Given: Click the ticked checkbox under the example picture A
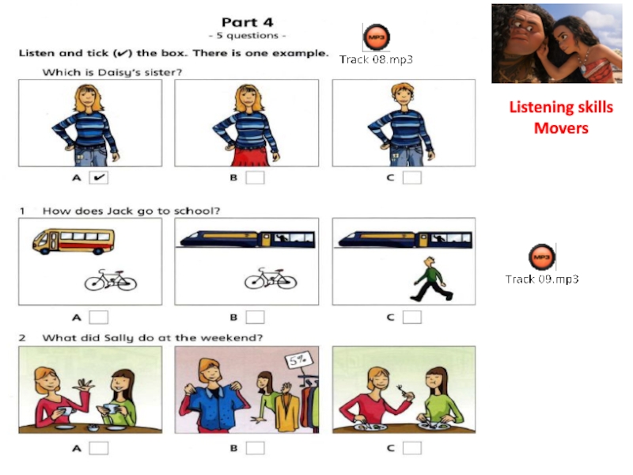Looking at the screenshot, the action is click(98, 177).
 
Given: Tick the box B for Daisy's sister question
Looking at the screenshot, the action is click(255, 177).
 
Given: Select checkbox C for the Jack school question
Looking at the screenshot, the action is click(412, 317).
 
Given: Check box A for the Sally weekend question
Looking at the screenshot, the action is click(98, 448).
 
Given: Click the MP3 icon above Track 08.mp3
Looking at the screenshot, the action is click(377, 37).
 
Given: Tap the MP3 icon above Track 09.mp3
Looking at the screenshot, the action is click(542, 256).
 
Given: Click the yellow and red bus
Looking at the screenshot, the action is click(74, 241).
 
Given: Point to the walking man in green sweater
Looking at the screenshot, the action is click(431, 279).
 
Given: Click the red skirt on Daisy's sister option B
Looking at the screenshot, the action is click(251, 156).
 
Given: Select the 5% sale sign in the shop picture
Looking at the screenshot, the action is click(298, 359).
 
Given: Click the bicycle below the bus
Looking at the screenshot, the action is click(111, 280).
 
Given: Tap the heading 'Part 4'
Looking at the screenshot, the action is click(248, 22).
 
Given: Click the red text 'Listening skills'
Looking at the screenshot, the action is click(561, 108).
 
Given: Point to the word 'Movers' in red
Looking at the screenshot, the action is click(561, 128).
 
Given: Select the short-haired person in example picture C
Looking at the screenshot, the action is click(401, 124).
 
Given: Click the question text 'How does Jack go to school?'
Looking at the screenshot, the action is click(131, 211).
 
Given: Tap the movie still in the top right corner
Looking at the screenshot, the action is click(557, 44).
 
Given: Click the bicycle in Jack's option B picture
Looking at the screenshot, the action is click(271, 279).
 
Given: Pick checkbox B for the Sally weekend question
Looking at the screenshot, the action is click(255, 448).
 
